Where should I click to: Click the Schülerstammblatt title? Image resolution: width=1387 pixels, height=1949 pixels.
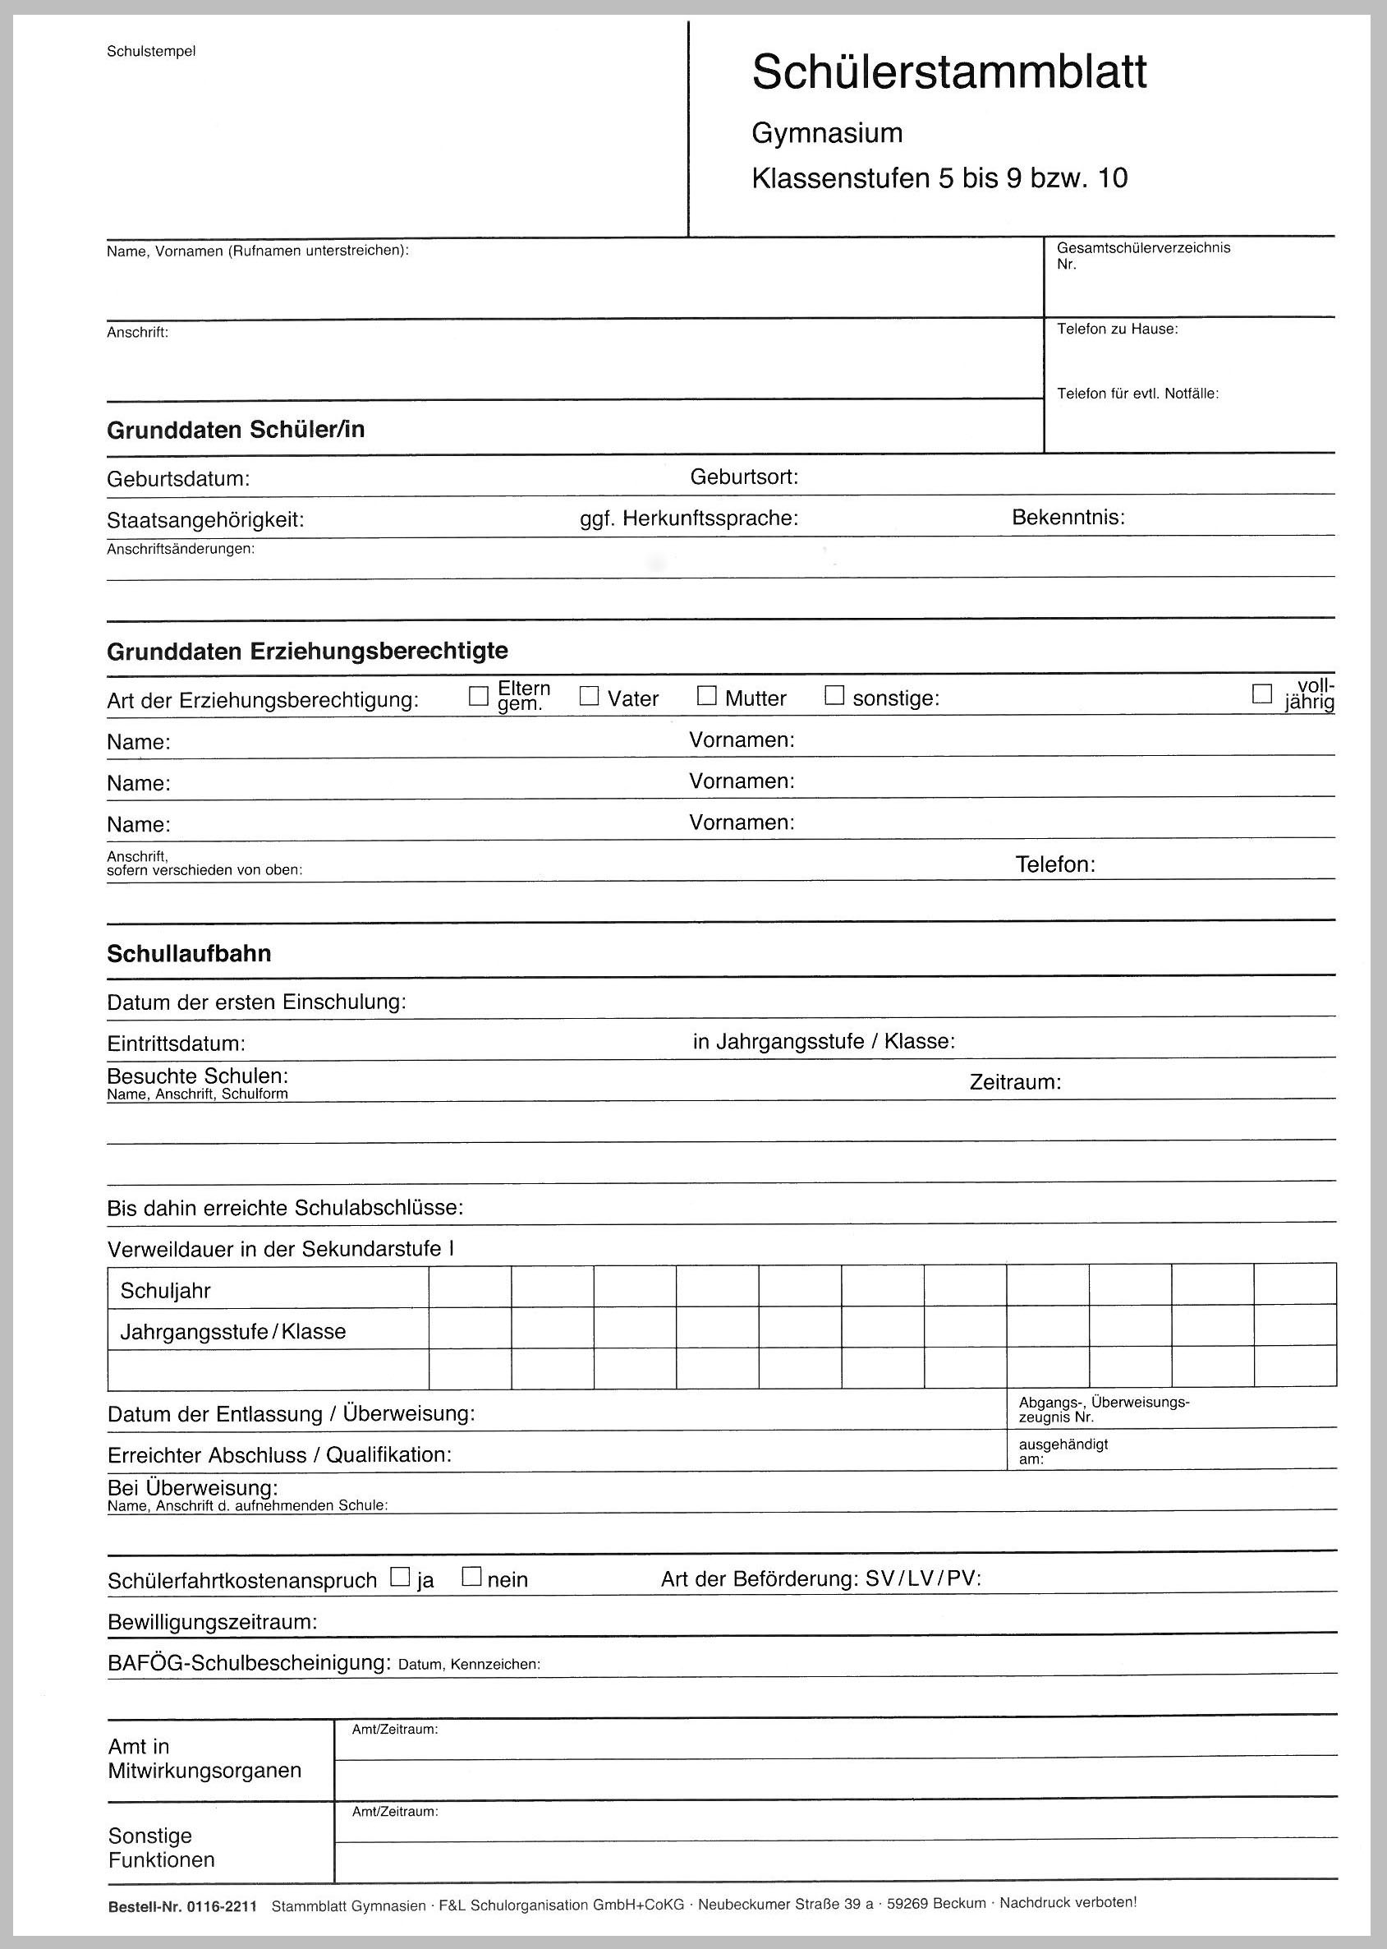click(948, 71)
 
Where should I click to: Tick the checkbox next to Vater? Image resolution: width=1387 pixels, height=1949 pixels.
click(589, 697)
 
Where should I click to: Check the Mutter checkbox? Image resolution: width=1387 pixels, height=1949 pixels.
click(706, 697)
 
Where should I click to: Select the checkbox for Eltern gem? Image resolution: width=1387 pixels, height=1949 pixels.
click(478, 697)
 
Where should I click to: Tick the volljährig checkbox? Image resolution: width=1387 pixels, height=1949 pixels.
click(1261, 693)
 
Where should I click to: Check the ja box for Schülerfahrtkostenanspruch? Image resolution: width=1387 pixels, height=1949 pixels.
click(399, 1577)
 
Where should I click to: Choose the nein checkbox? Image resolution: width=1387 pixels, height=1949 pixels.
click(471, 1577)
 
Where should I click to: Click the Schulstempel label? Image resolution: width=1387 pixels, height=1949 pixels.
click(151, 51)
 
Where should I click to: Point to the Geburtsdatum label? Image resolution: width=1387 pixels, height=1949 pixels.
click(177, 479)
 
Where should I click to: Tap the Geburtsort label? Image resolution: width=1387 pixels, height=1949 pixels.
click(744, 477)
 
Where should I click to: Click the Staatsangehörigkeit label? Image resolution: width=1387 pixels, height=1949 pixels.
click(205, 520)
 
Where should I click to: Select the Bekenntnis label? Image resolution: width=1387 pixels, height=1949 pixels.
click(1068, 517)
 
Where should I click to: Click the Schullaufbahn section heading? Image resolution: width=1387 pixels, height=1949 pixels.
click(189, 954)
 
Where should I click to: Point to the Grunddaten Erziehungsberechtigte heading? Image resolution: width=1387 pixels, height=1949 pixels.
click(307, 651)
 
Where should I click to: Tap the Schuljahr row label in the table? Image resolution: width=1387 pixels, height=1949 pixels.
click(165, 1290)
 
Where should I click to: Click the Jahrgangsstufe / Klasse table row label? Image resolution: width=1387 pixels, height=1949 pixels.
click(232, 1331)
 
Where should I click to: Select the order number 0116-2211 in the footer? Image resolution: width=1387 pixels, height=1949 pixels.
click(221, 1905)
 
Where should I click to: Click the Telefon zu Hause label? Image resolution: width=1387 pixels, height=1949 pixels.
click(1117, 329)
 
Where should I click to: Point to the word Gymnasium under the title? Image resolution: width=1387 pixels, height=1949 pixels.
click(827, 133)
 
